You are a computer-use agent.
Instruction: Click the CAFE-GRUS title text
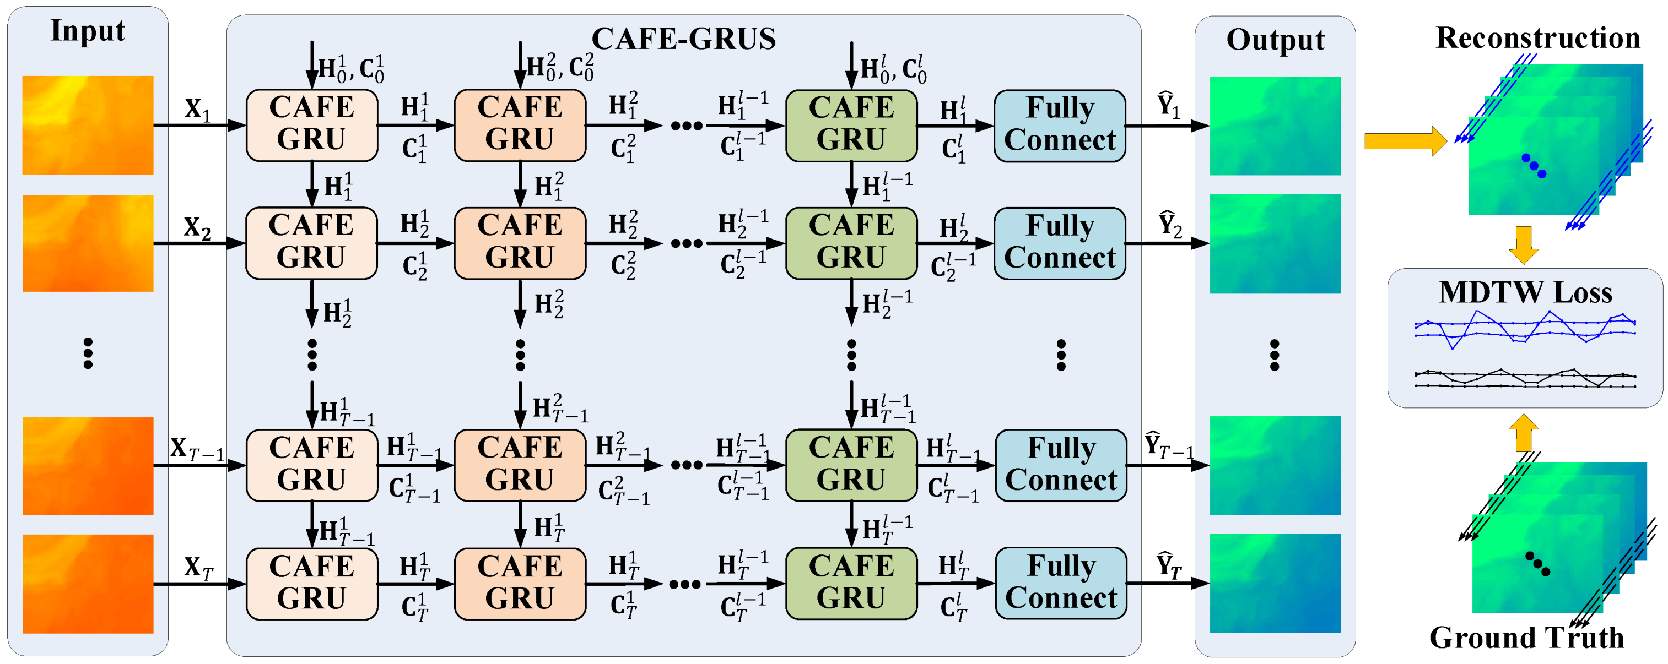683,39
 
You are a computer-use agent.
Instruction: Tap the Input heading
88,30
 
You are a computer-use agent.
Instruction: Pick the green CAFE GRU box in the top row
851,125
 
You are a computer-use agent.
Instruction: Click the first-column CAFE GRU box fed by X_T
311,583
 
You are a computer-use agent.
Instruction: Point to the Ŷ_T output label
1169,565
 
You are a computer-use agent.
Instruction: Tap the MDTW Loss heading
1525,292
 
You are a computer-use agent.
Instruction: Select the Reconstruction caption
1538,37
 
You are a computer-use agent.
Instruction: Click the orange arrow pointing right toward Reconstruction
1405,140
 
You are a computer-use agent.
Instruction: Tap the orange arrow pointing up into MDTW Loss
1524,432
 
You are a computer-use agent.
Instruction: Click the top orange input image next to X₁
88,125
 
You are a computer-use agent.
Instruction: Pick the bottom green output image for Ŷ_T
1275,583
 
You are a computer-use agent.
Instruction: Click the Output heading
1275,40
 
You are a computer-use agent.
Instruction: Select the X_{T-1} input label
196,448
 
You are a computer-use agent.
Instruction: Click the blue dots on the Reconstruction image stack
1534,166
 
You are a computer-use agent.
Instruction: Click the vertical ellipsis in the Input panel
88,353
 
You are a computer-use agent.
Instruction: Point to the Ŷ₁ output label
1168,105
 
